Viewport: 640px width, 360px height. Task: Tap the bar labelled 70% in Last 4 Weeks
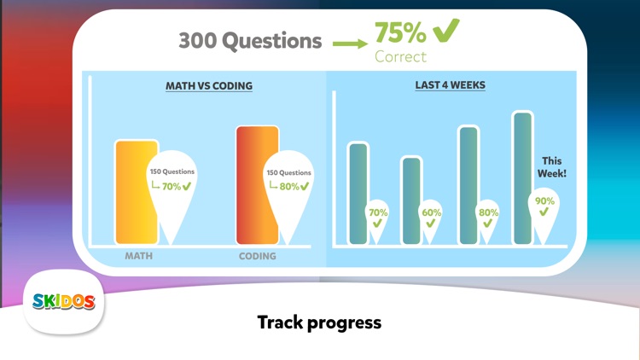click(x=358, y=193)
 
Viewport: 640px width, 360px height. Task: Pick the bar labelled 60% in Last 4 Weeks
click(x=411, y=200)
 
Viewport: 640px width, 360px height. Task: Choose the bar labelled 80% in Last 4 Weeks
click(x=468, y=184)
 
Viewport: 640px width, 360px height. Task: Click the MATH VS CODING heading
click(x=209, y=86)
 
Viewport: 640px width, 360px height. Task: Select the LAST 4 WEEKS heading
click(x=451, y=86)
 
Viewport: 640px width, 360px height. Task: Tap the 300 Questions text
click(x=250, y=40)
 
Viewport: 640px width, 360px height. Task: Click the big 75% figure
click(x=400, y=33)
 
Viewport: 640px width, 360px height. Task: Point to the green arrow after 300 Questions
click(x=348, y=42)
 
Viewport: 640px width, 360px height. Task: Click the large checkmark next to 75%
click(x=445, y=31)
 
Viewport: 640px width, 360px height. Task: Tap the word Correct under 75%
click(x=400, y=57)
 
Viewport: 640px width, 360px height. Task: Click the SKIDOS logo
click(x=64, y=301)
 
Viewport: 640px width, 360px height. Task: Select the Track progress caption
click(x=319, y=322)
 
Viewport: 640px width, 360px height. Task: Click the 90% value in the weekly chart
click(x=544, y=201)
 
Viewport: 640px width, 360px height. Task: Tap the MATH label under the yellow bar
click(x=139, y=256)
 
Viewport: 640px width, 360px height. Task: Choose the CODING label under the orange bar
click(x=257, y=256)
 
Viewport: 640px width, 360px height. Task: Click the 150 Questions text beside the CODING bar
click(x=288, y=172)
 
